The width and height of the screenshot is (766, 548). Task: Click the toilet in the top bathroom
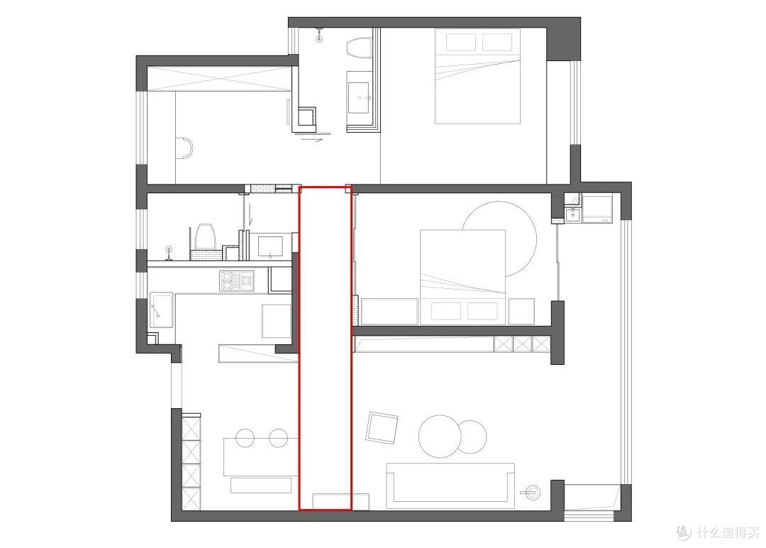click(360, 48)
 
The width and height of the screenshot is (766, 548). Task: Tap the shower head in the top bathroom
click(319, 35)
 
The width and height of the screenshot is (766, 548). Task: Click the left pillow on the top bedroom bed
click(461, 42)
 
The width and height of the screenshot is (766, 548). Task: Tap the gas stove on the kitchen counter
click(236, 281)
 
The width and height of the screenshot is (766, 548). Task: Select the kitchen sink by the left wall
click(161, 310)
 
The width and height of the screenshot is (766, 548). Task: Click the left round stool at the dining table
click(245, 438)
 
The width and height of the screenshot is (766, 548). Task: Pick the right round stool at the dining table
click(279, 438)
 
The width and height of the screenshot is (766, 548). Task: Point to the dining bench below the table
click(261, 485)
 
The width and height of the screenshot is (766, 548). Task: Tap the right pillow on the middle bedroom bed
click(483, 311)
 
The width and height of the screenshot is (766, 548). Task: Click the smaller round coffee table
click(472, 437)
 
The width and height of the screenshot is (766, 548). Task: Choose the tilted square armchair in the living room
click(382, 428)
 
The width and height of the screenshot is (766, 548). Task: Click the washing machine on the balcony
click(597, 209)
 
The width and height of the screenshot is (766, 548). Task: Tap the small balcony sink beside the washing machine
click(573, 214)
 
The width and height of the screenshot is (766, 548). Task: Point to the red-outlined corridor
click(326, 348)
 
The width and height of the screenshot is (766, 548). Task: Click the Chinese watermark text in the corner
click(718, 532)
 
